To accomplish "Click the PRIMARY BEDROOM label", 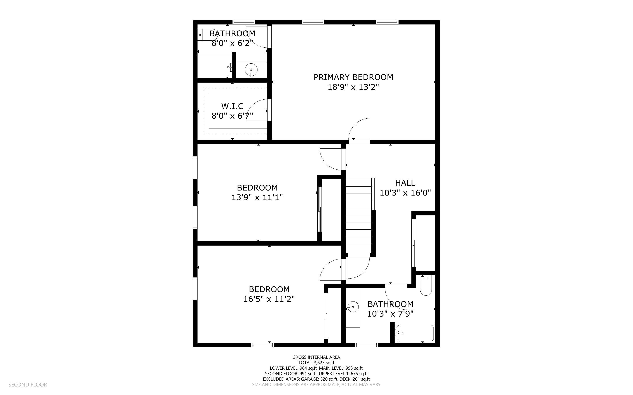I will [353, 77].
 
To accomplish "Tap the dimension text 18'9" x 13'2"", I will [353, 87].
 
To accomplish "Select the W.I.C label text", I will [232, 106].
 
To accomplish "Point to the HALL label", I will [405, 183].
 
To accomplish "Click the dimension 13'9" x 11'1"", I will [257, 197].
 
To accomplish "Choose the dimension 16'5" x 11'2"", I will [269, 299].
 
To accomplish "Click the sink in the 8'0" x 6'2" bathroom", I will [251, 70].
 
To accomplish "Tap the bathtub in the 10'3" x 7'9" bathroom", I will [415, 333].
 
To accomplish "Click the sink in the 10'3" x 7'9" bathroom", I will [353, 307].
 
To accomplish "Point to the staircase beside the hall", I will [359, 216].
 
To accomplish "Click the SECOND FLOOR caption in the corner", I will [28, 385].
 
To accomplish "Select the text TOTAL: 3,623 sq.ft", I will [316, 363].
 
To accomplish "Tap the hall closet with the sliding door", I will [425, 243].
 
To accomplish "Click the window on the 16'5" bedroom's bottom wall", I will [262, 345].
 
